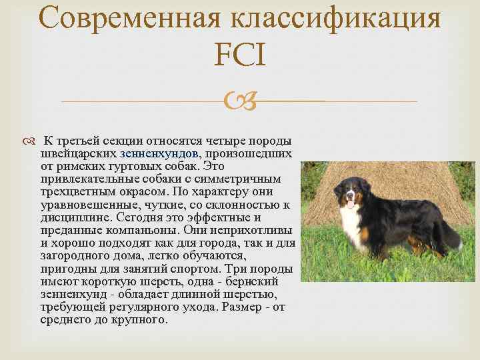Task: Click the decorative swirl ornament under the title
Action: [x=239, y=101]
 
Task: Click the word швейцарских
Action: [x=79, y=153]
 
